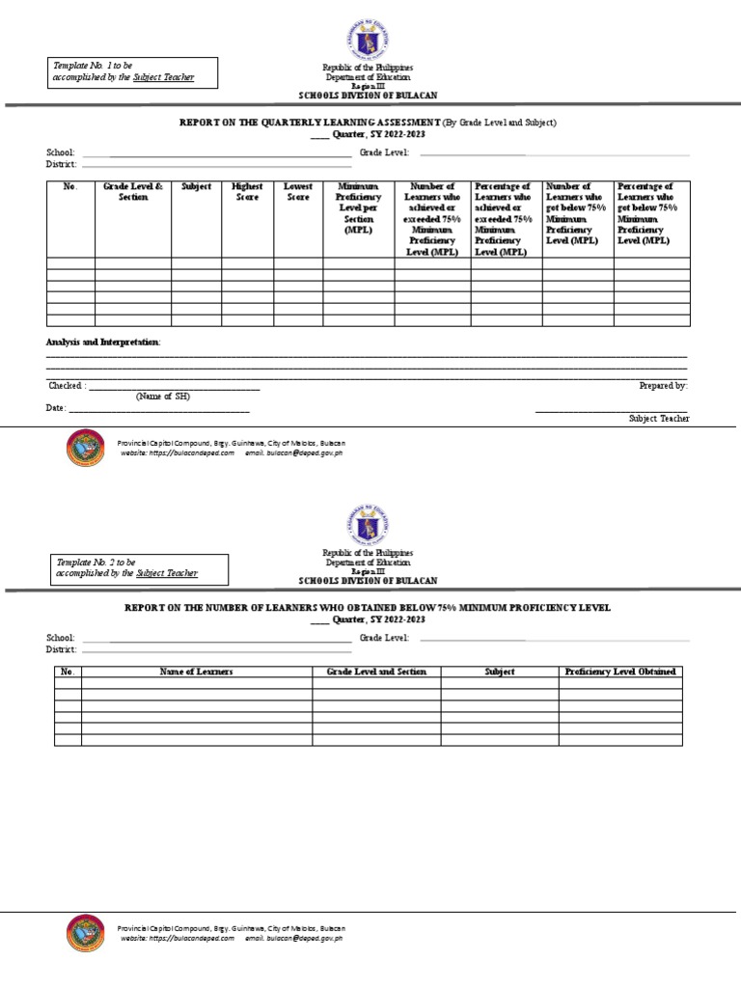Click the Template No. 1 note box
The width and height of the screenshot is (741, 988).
tap(134, 71)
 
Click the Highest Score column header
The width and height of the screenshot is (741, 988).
tap(247, 192)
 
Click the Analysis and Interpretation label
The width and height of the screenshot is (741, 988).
tap(104, 343)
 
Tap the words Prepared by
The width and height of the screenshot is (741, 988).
tap(663, 385)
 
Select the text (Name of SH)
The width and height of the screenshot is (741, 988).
tap(162, 397)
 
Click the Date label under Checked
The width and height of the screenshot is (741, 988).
tap(56, 408)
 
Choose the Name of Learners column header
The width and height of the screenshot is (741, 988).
tap(196, 672)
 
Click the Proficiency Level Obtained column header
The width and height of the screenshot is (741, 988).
tap(620, 672)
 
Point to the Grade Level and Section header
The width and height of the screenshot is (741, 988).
tap(376, 672)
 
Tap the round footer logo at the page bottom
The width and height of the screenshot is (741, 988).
tap(86, 934)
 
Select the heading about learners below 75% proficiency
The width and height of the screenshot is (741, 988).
tap(367, 608)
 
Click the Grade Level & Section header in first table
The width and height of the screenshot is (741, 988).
tap(133, 192)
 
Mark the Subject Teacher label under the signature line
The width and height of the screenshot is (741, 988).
tap(659, 419)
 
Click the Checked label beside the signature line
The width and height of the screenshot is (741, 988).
tap(67, 385)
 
